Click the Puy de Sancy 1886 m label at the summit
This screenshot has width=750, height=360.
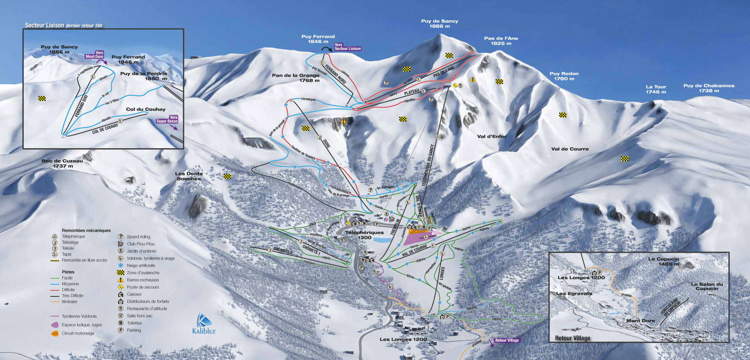pyautogui.click(x=439, y=24)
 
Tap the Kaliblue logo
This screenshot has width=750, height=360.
pyautogui.click(x=204, y=324)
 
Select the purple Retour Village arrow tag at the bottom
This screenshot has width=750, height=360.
pyautogui.click(x=506, y=340)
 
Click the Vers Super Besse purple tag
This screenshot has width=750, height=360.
pyautogui.click(x=167, y=119)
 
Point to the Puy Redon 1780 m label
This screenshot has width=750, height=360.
pyautogui.click(x=564, y=76)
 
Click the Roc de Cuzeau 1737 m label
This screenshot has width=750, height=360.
pyautogui.click(x=62, y=163)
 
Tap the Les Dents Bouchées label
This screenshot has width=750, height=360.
pyautogui.click(x=189, y=176)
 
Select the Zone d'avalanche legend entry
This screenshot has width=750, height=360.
pyautogui.click(x=143, y=273)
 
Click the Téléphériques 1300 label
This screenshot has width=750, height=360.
pyautogui.click(x=364, y=235)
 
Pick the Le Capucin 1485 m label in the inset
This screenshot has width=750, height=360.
pyautogui.click(x=663, y=261)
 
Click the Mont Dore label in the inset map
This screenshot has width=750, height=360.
pyautogui.click(x=640, y=321)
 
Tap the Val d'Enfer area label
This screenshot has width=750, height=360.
pyautogui.click(x=492, y=136)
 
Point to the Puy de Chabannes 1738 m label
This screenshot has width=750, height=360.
pyautogui.click(x=709, y=88)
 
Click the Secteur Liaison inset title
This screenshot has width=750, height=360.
pyautogui.click(x=63, y=25)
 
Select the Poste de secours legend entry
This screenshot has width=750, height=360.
pyautogui.click(x=143, y=287)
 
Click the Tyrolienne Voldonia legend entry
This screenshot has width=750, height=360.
pyautogui.click(x=79, y=316)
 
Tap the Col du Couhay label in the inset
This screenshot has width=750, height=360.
pyautogui.click(x=146, y=109)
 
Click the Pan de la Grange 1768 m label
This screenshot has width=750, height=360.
pyautogui.click(x=296, y=78)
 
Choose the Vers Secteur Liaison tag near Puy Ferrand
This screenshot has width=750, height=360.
pyautogui.click(x=347, y=47)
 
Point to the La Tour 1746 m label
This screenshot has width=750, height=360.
pyautogui.click(x=656, y=89)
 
